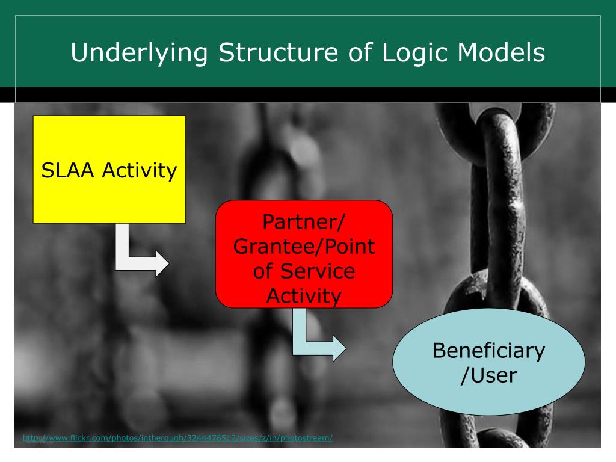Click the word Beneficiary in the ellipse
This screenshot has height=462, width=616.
pos(488,351)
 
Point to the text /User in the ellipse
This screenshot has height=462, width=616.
pos(488,376)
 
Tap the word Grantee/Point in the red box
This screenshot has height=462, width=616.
pos(304,246)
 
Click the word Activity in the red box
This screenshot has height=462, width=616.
pos(304,295)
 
